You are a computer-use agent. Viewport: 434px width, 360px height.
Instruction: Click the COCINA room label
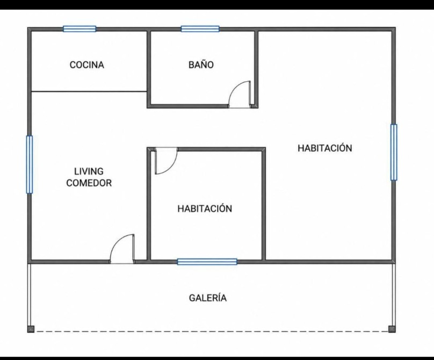(x=87, y=65)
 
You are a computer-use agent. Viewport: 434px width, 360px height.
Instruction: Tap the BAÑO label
(x=201, y=64)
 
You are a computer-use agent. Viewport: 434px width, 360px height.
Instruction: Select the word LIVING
(x=89, y=171)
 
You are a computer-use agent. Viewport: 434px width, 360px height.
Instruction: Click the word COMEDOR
(x=89, y=183)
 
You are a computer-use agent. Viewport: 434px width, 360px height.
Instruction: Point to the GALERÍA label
(x=208, y=298)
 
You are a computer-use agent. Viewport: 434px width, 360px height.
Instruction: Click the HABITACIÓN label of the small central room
(x=205, y=208)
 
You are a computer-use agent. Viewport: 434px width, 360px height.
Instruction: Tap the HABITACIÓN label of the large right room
(x=325, y=148)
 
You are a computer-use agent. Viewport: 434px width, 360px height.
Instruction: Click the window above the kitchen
(x=79, y=29)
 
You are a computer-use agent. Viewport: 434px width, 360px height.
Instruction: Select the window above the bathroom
(x=200, y=29)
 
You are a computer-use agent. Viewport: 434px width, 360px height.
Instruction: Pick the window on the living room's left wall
(x=30, y=164)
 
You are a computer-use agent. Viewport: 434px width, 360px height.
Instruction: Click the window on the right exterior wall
(x=394, y=152)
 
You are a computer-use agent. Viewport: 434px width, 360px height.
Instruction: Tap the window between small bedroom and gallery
(x=207, y=262)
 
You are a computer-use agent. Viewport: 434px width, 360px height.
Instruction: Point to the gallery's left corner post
(x=31, y=329)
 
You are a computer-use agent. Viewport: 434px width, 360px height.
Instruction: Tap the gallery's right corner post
(x=392, y=329)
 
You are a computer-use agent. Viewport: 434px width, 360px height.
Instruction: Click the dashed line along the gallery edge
(x=212, y=331)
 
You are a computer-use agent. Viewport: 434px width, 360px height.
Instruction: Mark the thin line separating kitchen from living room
(x=89, y=91)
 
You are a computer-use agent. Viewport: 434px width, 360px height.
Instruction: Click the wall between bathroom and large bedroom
(x=256, y=68)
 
